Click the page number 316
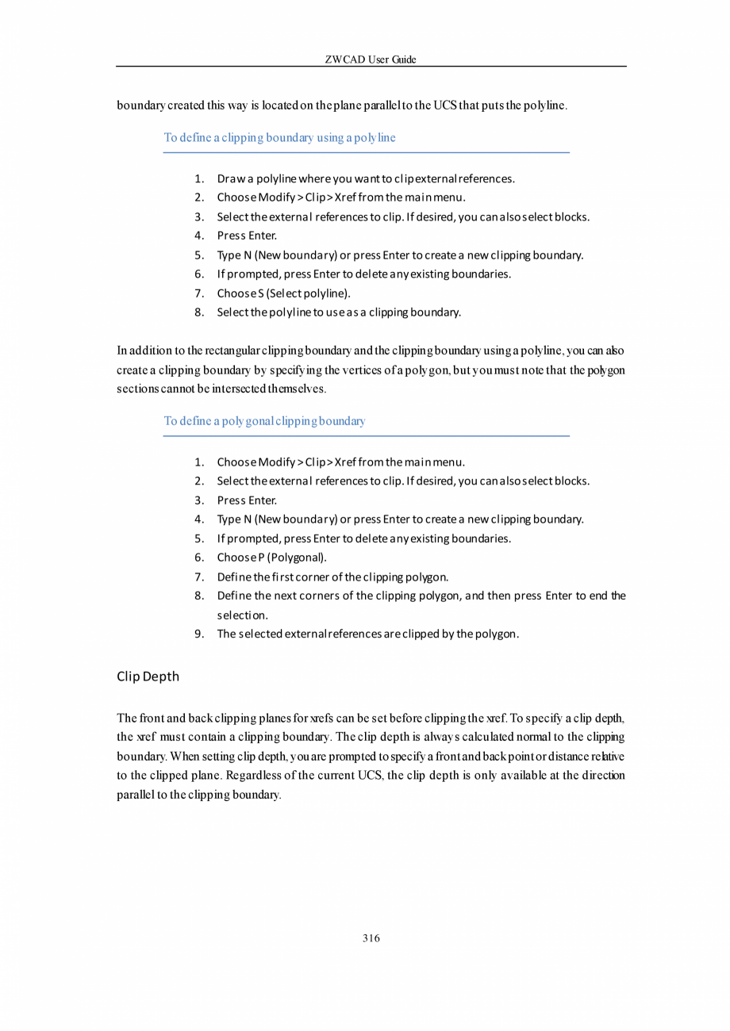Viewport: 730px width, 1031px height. coord(371,938)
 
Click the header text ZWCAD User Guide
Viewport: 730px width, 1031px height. coord(371,60)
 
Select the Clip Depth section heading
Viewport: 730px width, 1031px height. coord(148,676)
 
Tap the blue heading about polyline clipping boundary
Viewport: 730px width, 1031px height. coord(279,138)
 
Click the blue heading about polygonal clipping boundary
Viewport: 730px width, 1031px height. coord(264,421)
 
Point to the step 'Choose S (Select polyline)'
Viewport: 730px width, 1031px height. coord(283,293)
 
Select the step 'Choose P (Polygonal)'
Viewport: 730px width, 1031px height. coord(271,558)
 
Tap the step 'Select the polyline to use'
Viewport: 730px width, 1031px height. coord(339,312)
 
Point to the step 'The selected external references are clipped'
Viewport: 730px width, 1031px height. coord(368,634)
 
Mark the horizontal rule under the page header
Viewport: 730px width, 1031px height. coord(371,67)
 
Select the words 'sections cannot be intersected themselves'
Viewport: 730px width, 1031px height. coord(221,390)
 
